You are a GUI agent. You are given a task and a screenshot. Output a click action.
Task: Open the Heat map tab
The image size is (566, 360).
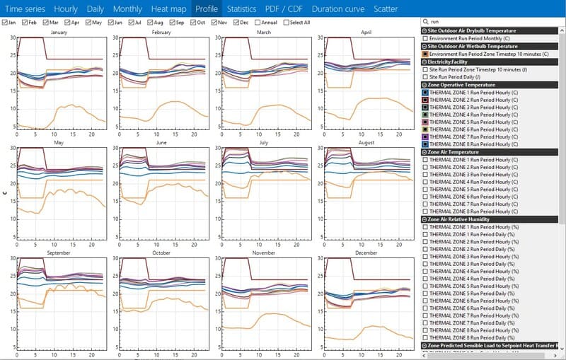pyautogui.click(x=169, y=9)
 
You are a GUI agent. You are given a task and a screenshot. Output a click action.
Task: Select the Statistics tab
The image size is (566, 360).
pyautogui.click(x=241, y=9)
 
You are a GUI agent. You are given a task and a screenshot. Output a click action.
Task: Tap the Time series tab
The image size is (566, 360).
pyautogui.click(x=25, y=9)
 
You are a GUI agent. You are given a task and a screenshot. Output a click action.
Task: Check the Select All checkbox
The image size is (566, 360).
pyautogui.click(x=287, y=23)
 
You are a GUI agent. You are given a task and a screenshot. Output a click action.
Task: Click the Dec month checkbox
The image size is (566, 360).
pyautogui.click(x=236, y=23)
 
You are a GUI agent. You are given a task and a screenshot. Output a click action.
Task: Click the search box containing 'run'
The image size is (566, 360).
pyautogui.click(x=495, y=23)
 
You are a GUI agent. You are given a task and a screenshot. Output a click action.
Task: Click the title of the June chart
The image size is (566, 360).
pyautogui.click(x=161, y=141)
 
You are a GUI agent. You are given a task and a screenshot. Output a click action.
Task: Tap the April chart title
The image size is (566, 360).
pyautogui.click(x=366, y=33)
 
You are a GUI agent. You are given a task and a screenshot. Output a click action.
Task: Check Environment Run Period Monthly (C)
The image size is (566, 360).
pyautogui.click(x=424, y=38)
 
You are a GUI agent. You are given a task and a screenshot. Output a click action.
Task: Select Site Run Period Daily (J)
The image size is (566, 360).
pyautogui.click(x=424, y=76)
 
